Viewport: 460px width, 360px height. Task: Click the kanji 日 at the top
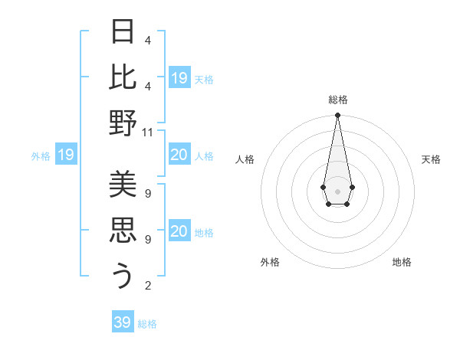point(123,31)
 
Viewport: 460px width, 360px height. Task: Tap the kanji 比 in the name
point(123,77)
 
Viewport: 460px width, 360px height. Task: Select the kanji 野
point(123,123)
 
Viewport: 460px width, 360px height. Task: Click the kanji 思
point(123,229)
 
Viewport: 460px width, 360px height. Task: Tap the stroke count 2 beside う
point(148,286)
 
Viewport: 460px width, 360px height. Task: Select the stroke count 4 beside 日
point(148,40)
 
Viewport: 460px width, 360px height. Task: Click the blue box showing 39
point(123,322)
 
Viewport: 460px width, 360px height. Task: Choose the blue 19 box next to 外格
point(65,155)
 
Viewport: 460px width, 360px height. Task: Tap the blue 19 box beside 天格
point(179,78)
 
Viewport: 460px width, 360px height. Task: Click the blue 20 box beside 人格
point(179,155)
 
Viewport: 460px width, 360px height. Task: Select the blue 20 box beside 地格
point(179,232)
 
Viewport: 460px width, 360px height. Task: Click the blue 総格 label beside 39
point(147,324)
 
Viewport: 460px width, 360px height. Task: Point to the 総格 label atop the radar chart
point(338,100)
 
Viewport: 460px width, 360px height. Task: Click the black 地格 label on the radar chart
point(402,262)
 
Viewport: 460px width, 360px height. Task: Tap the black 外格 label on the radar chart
point(270,262)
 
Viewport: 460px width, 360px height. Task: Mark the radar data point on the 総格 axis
point(337,116)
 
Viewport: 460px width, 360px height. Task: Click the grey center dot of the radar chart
point(337,190)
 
